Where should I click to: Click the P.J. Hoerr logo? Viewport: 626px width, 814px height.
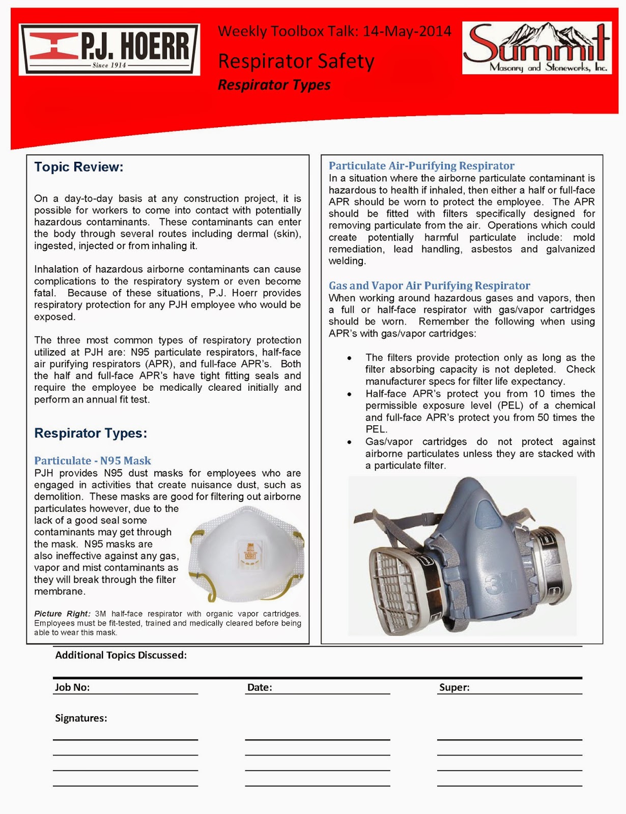click(x=109, y=49)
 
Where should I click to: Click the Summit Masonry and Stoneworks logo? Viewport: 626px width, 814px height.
click(x=536, y=48)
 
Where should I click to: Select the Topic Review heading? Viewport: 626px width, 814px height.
click(x=78, y=167)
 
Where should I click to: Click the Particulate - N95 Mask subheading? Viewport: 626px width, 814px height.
click(x=93, y=460)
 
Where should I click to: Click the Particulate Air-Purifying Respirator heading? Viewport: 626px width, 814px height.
click(x=421, y=166)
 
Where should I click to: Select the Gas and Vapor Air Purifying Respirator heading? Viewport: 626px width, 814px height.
click(x=429, y=285)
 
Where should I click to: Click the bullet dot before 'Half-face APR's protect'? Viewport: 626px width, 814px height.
click(x=349, y=394)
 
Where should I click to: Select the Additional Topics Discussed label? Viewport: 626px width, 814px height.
click(x=121, y=655)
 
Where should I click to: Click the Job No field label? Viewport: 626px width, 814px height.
click(x=72, y=687)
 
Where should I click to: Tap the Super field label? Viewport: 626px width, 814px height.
click(x=454, y=687)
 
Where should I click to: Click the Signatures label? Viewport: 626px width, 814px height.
click(x=81, y=718)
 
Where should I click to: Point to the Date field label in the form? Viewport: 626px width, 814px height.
click(x=260, y=687)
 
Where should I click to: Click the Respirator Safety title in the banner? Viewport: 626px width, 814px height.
click(x=296, y=62)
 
